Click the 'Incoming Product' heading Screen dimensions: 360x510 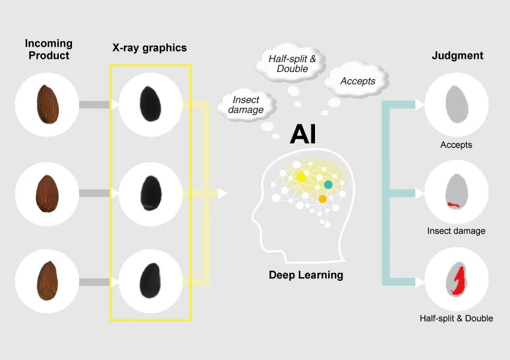48,49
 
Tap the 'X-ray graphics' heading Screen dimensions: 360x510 149,48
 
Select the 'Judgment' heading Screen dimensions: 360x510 457,56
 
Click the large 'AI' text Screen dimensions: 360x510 302,134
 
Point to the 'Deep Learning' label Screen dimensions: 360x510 305,275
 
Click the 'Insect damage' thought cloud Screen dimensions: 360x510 246,104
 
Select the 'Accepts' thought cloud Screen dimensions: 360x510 358,81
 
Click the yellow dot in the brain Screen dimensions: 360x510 301,177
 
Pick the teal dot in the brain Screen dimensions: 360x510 328,184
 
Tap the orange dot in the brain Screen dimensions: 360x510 322,199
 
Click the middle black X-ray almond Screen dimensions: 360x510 149,193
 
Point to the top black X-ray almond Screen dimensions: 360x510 148,104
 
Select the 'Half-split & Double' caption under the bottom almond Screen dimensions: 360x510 456,318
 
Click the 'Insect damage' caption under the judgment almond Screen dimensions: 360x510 456,230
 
